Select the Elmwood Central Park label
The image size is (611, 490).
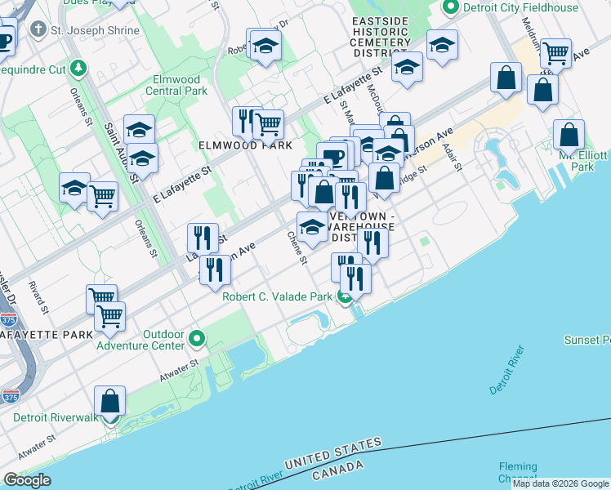click(176, 85)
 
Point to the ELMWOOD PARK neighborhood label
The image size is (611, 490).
click(244, 145)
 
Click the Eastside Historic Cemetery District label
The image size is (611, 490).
click(381, 37)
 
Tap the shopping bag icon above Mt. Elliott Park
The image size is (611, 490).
click(569, 135)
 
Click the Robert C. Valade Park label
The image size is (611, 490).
click(277, 296)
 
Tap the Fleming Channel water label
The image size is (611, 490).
click(518, 472)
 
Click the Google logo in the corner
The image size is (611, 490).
click(27, 480)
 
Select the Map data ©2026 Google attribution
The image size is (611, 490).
click(560, 483)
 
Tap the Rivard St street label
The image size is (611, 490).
click(38, 297)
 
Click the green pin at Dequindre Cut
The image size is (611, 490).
click(78, 68)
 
